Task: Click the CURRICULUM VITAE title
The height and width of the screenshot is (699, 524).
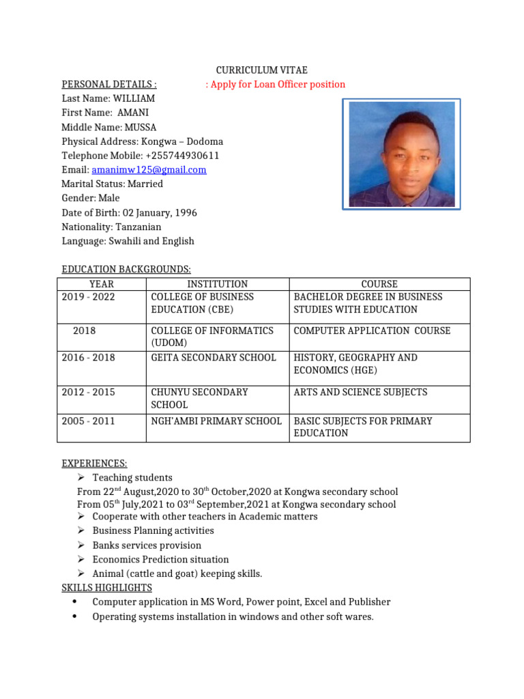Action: click(x=262, y=70)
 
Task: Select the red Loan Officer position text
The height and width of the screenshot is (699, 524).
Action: click(x=276, y=85)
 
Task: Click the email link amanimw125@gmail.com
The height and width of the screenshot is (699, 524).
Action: click(x=149, y=170)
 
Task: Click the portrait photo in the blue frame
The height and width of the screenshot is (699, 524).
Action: click(x=401, y=154)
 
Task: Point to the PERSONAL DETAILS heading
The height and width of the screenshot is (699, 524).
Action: click(x=109, y=85)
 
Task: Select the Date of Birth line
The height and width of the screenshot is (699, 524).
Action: click(x=129, y=213)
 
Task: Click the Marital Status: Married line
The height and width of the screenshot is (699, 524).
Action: click(x=112, y=184)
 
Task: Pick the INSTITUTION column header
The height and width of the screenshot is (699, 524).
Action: click(x=217, y=284)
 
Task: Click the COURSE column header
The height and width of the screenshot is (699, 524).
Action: click(x=379, y=284)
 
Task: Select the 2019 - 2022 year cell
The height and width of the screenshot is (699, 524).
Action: click(x=89, y=297)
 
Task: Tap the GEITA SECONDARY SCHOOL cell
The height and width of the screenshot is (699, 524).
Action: click(x=213, y=358)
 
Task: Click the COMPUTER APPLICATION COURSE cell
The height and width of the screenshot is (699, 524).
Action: click(x=372, y=330)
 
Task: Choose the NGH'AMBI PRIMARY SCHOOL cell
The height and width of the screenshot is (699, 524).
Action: click(x=216, y=421)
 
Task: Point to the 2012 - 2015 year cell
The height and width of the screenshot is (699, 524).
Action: click(x=89, y=393)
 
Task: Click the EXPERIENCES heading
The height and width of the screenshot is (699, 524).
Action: click(x=94, y=463)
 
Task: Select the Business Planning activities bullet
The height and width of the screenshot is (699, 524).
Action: click(x=153, y=531)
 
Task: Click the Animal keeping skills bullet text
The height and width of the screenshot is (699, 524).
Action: click(x=177, y=574)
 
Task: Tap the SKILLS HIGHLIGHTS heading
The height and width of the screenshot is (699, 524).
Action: click(x=106, y=588)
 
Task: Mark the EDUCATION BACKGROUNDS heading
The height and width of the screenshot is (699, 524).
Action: click(x=126, y=270)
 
